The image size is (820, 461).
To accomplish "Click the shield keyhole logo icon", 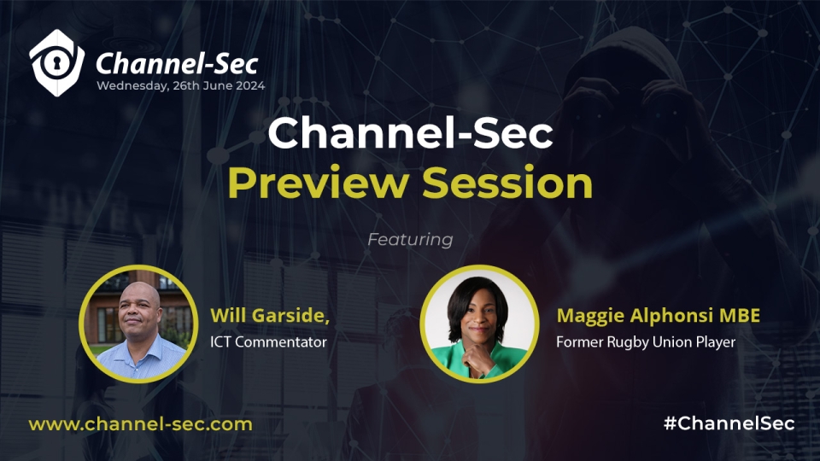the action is point(56,62).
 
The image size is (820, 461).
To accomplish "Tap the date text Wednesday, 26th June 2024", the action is point(181,86).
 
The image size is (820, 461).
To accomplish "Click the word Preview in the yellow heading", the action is point(319,184).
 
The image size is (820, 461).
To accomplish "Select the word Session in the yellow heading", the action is point(507,184).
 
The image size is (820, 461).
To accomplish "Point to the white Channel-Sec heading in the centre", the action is point(410,133).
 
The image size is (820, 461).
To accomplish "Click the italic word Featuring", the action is point(410,240).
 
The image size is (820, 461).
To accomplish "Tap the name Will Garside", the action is point(270,315).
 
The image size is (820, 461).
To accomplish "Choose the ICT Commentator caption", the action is point(268,341).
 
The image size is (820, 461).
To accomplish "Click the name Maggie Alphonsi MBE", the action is point(658,316).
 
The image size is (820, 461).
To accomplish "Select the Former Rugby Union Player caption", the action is point(646,342).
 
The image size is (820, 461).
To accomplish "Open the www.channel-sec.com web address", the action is point(141,424).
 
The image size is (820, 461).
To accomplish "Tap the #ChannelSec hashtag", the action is point(729,423).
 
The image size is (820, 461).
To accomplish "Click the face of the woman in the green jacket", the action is point(478,314).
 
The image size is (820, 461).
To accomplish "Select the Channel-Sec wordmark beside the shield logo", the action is point(177,64).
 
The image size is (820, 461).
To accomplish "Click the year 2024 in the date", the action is point(249,86).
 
